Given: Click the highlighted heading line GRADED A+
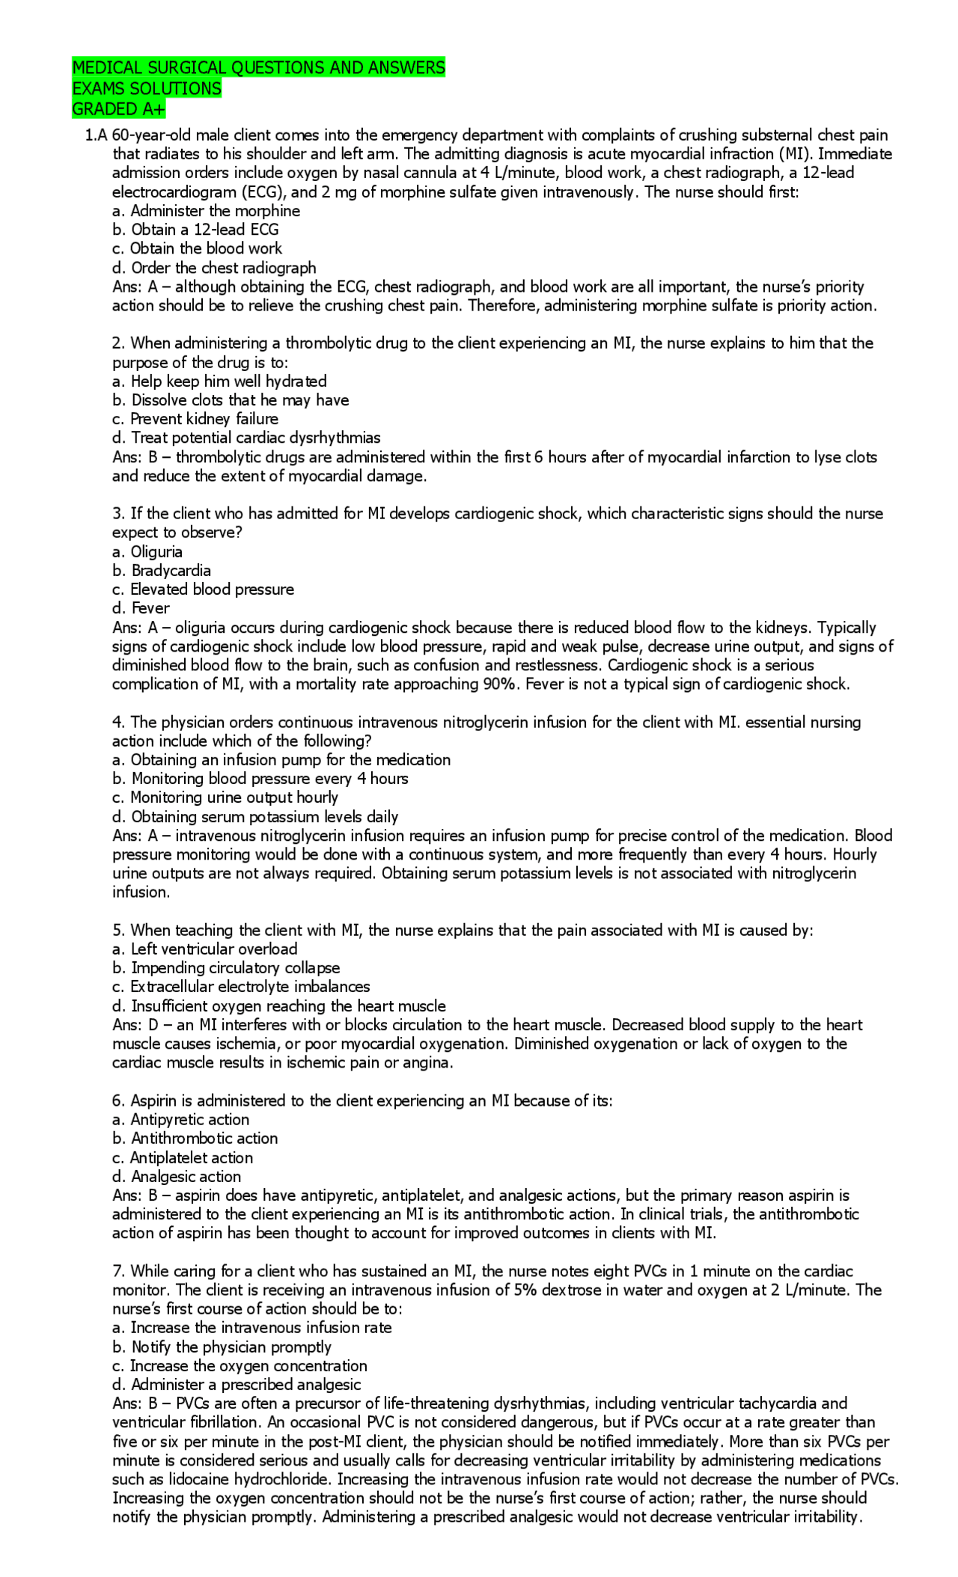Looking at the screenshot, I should point(118,109).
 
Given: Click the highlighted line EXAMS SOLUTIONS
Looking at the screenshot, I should point(147,88).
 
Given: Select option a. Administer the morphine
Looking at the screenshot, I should point(206,211).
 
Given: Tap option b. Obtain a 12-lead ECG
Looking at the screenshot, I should point(195,230).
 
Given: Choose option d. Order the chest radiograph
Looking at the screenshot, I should point(214,268).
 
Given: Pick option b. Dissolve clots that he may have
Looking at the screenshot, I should point(231,400).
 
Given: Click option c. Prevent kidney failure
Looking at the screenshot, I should point(195,419).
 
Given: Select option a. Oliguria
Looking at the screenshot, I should point(147,552).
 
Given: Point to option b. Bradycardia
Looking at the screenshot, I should point(162,571).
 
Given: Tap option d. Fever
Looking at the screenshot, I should point(141,608).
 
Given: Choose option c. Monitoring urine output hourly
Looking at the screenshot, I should point(225,797).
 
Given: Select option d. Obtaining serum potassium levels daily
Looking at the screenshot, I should point(255,817).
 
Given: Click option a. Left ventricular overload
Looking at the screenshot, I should point(205,949).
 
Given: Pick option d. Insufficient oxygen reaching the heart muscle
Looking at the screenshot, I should point(279,1006).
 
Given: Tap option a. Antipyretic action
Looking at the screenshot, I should point(181,1120).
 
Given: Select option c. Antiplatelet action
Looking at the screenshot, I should point(183,1158).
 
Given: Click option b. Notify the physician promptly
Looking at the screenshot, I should point(222,1347).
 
